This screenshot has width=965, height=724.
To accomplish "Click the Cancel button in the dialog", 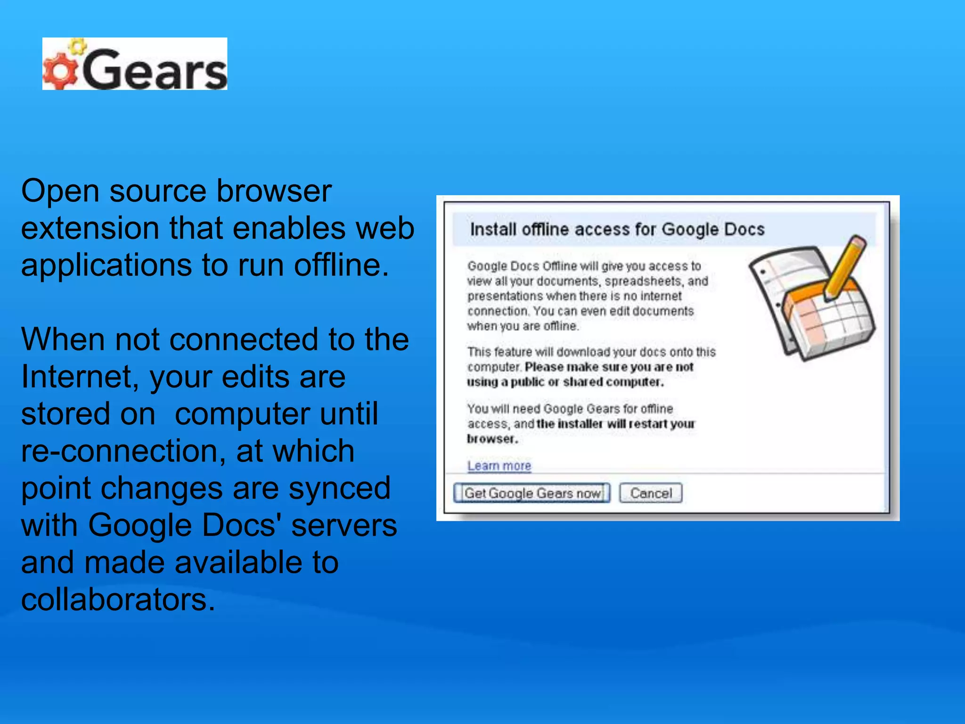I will (651, 493).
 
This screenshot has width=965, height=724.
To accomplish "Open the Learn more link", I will (499, 466).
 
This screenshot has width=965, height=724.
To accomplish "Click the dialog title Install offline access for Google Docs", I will (617, 229).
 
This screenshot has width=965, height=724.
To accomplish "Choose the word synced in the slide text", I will (339, 488).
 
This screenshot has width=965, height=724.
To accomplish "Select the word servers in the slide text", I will (344, 525).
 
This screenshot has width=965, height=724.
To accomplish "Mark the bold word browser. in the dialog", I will (492, 439).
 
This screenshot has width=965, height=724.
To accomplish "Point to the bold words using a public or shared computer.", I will (565, 382).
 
